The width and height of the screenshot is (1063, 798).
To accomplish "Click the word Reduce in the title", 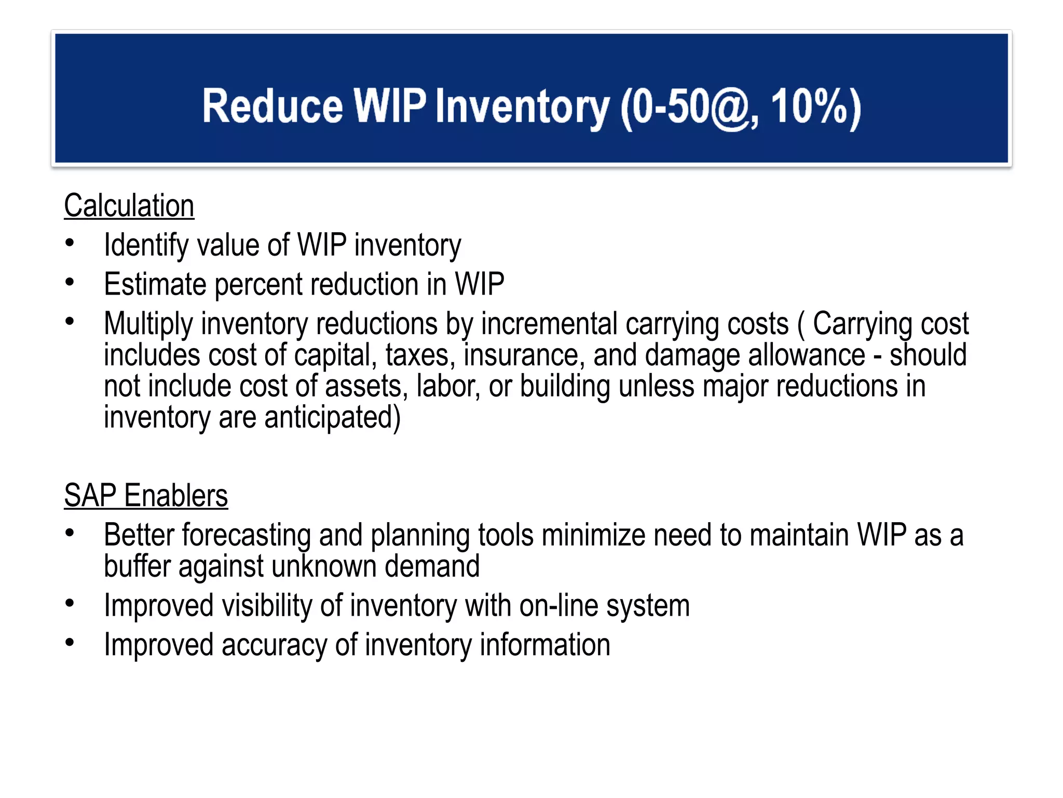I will click(x=272, y=107).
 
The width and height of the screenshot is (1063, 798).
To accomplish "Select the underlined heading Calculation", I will click(x=129, y=206).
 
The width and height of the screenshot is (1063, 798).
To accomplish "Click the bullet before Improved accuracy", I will click(x=70, y=643).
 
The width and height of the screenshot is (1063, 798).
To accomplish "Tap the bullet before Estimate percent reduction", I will click(x=70, y=282).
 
